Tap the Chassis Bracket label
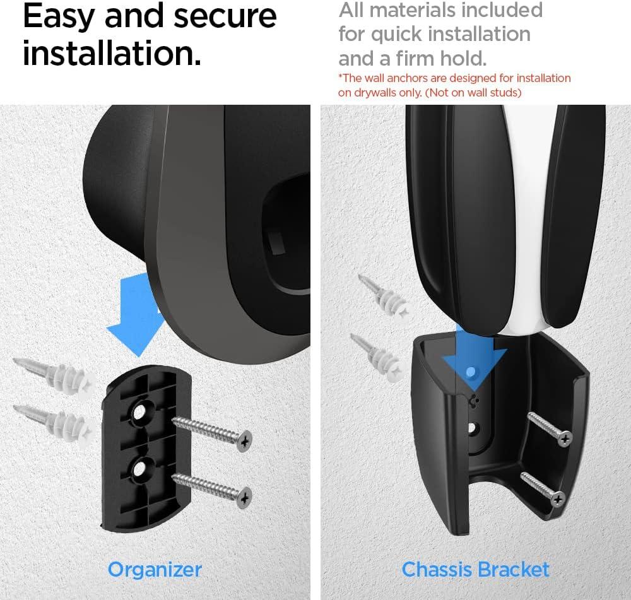[x=475, y=569]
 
